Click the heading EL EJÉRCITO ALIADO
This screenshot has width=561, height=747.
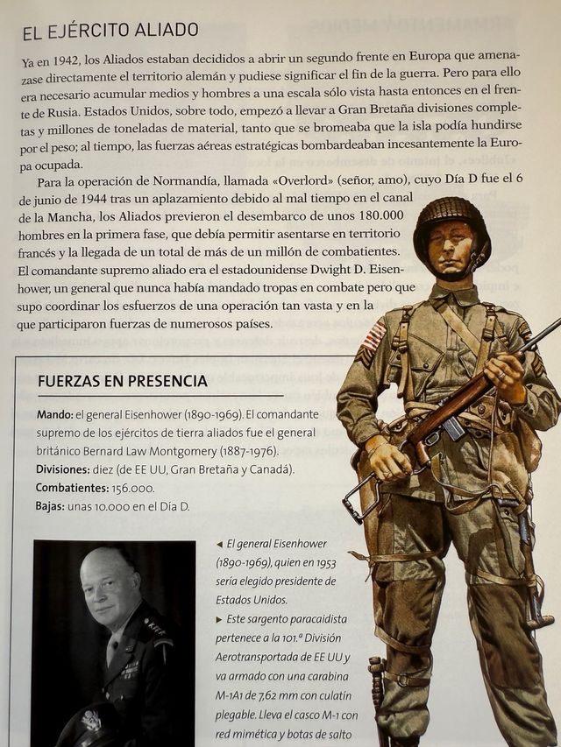(x=110, y=32)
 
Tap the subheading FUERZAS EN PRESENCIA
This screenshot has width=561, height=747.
(x=122, y=381)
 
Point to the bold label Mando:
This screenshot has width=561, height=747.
(x=55, y=414)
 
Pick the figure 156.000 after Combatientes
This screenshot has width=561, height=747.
(x=131, y=488)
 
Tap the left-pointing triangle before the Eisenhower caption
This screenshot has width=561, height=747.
(x=219, y=544)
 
